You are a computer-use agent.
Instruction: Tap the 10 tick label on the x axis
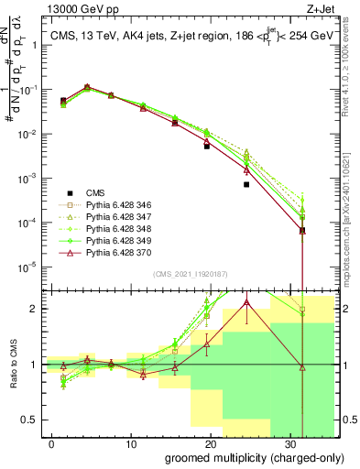[131, 443]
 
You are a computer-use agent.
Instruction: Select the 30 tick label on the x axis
[289, 443]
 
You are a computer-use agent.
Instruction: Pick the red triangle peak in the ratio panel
[246, 302]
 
